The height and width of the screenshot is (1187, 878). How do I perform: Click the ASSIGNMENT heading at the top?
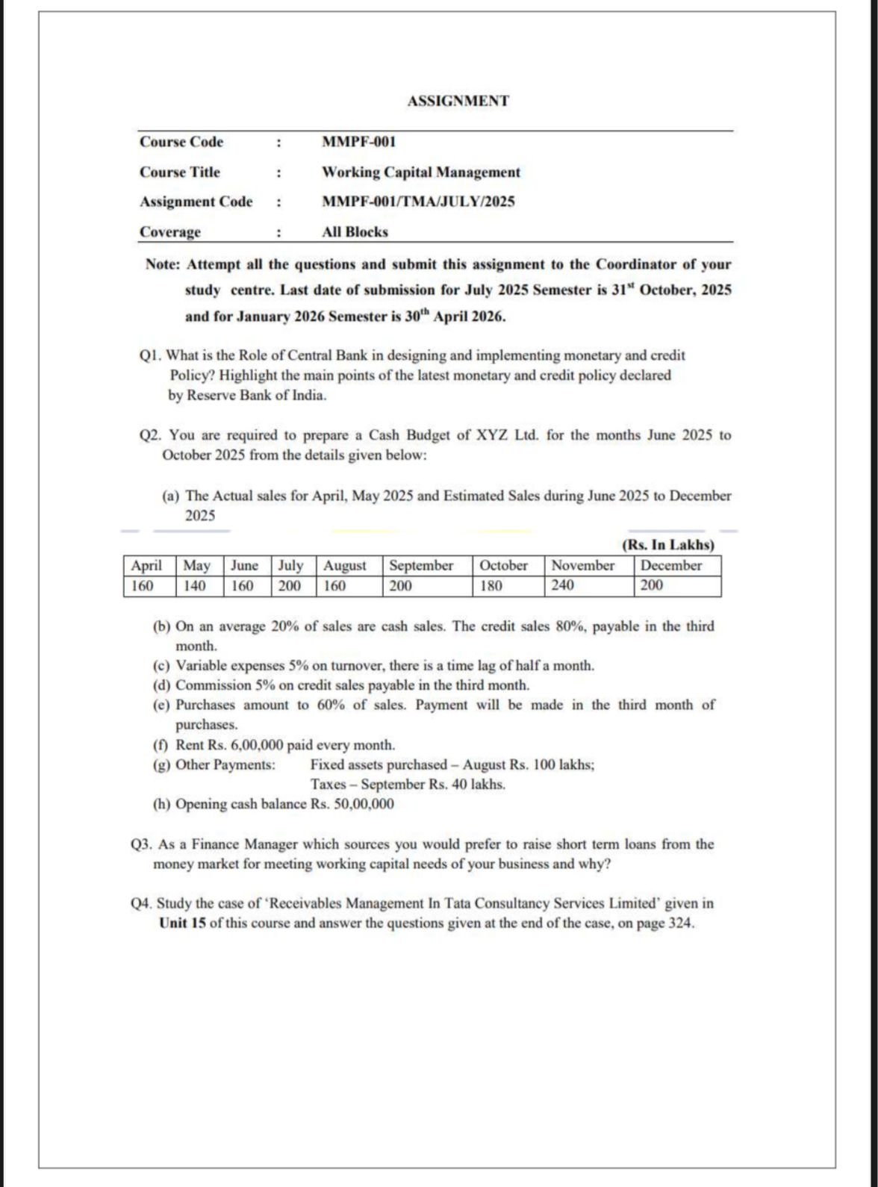point(458,101)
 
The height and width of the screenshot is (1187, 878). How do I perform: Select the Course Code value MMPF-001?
point(358,142)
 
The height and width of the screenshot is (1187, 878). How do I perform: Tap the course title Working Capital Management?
point(420,172)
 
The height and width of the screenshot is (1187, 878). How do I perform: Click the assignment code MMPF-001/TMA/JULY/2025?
point(418,202)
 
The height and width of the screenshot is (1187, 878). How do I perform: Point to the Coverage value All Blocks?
point(355,231)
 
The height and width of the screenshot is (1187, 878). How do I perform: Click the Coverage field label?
point(170,231)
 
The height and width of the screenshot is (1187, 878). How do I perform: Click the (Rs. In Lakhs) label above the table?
point(667,545)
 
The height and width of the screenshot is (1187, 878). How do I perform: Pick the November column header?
point(582,566)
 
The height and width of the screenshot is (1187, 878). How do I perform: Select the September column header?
point(421,566)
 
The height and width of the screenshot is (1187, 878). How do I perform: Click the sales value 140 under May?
point(194,586)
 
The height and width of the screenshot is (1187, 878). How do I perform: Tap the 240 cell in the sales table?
point(563,586)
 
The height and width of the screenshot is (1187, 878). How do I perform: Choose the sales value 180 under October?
point(491,586)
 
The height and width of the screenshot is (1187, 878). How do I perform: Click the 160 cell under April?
point(142,586)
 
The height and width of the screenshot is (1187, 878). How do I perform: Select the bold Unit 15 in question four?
point(182,923)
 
